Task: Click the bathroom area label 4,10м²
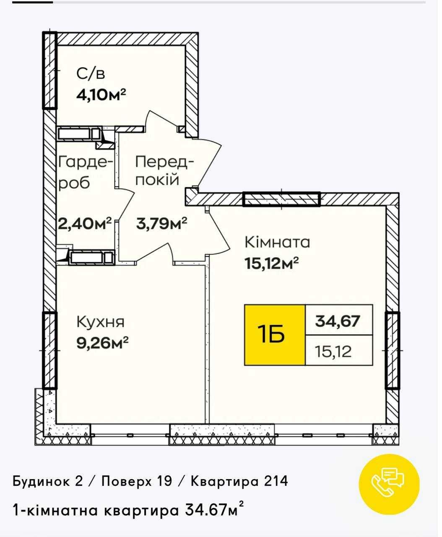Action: (101, 95)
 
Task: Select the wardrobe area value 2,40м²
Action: (85, 224)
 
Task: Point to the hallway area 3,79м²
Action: (161, 223)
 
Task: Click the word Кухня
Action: (101, 322)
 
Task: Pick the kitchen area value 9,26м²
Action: (102, 343)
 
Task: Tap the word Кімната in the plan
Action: (278, 242)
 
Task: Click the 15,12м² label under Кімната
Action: (272, 263)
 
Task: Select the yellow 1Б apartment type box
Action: (275, 335)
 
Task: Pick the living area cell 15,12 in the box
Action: (333, 351)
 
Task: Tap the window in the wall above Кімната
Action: (282, 199)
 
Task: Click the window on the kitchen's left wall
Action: (49, 350)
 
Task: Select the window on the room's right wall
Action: (392, 350)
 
